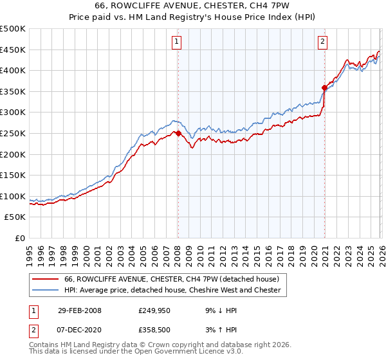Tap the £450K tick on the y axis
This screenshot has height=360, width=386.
pyautogui.click(x=13, y=50)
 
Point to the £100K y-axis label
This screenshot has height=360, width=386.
pyautogui.click(x=13, y=196)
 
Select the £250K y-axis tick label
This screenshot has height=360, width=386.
pyautogui.click(x=13, y=133)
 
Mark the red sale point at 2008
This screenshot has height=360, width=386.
pyautogui.click(x=178, y=134)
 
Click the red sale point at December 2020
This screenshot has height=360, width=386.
pyautogui.click(x=324, y=88)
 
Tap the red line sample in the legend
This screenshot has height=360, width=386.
pyautogui.click(x=45, y=280)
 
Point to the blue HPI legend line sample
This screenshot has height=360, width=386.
pyautogui.click(x=45, y=291)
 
